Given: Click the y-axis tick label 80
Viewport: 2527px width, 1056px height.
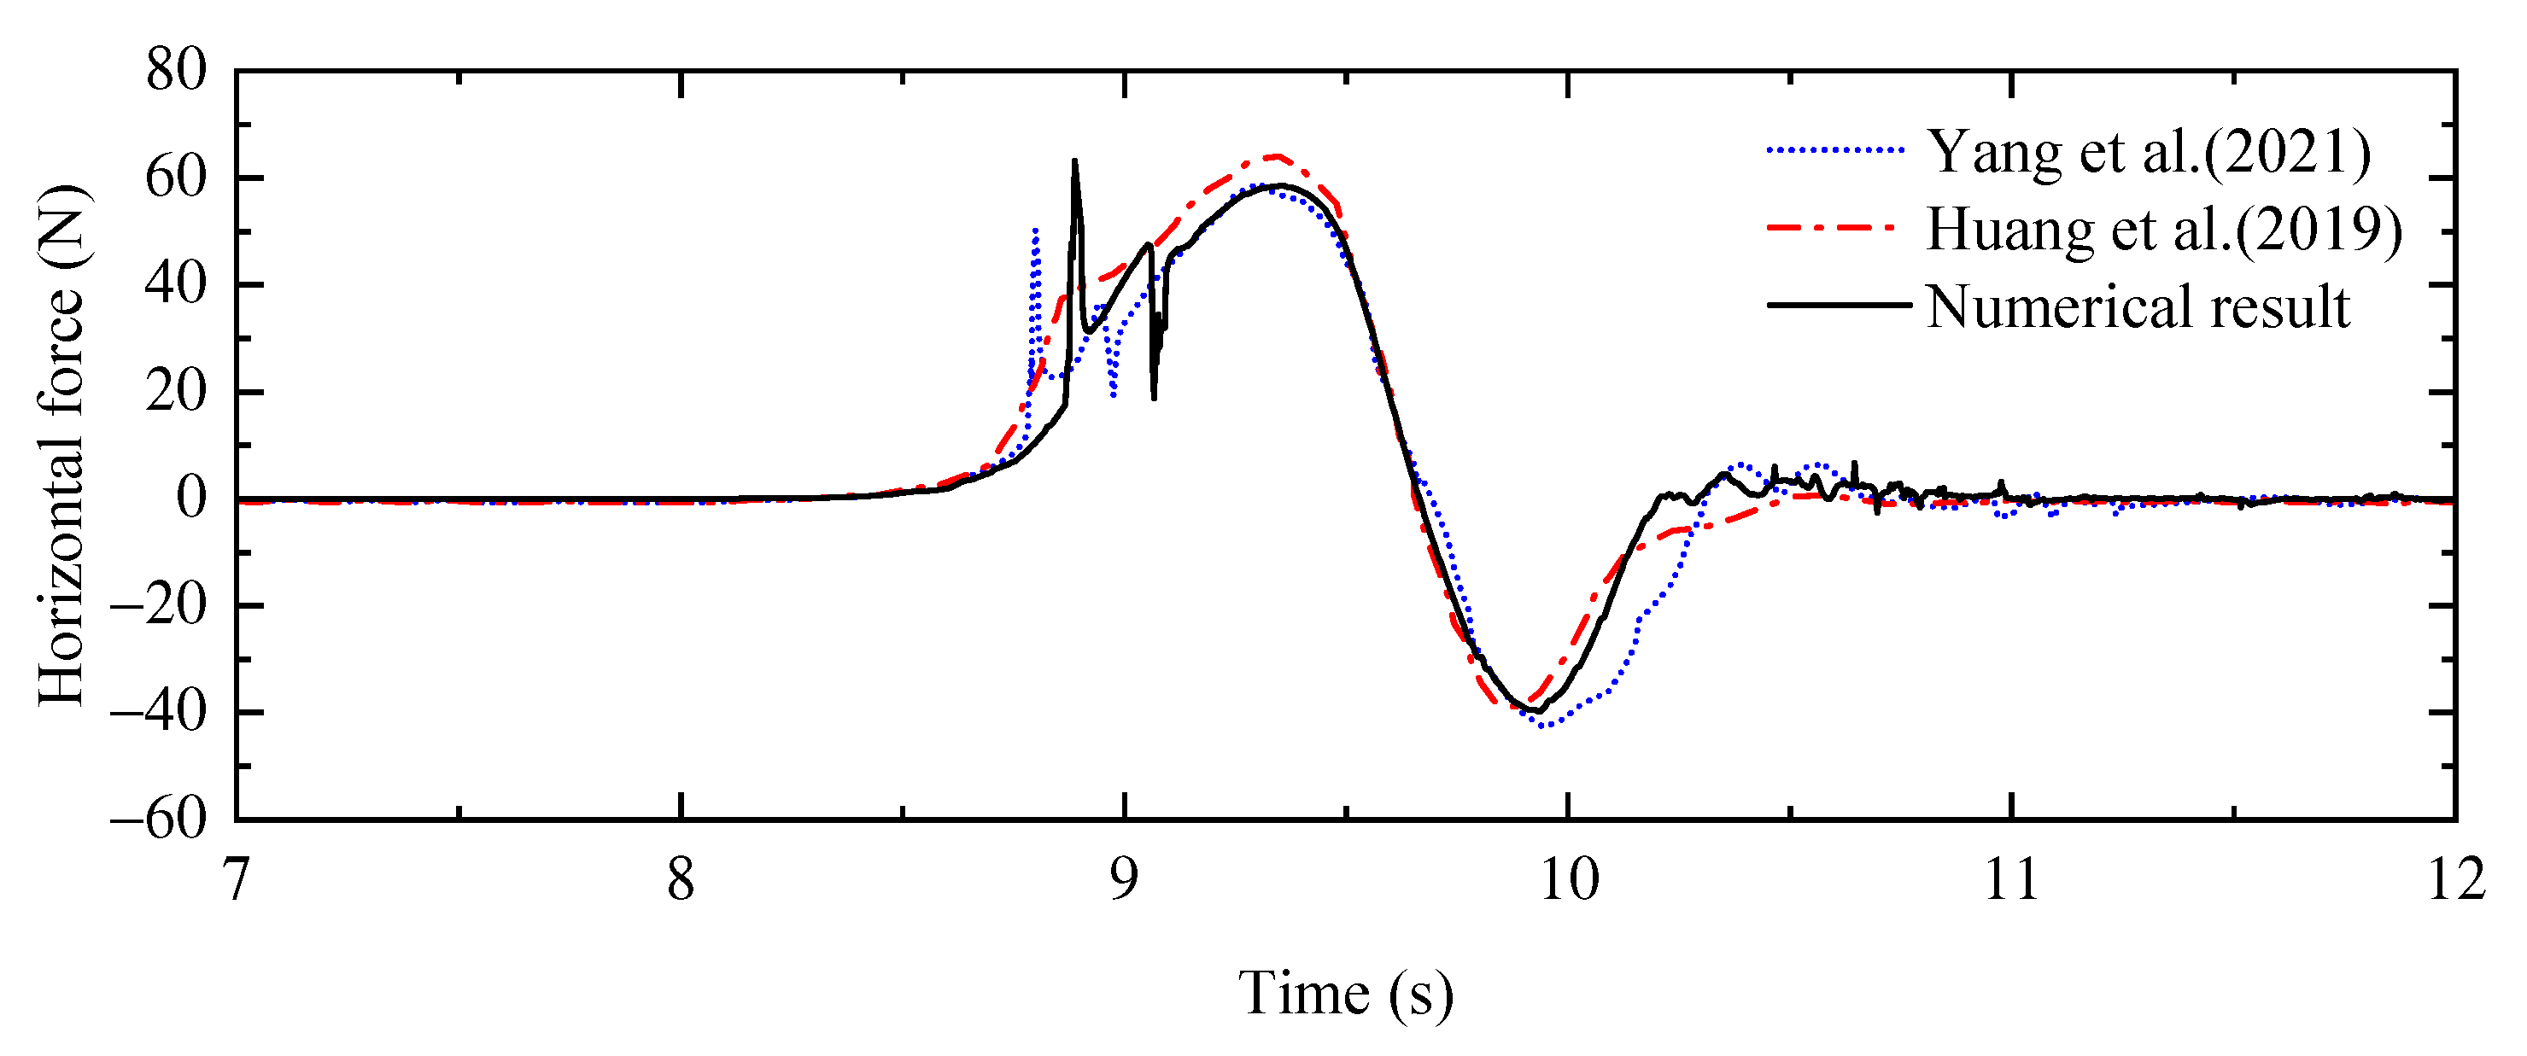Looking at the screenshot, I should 177,72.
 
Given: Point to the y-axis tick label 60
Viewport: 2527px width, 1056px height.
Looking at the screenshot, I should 177,178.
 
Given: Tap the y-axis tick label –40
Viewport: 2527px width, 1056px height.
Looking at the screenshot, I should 159,712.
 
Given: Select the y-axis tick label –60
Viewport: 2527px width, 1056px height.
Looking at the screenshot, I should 159,819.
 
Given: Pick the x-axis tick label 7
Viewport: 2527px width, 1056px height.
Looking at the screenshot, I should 237,879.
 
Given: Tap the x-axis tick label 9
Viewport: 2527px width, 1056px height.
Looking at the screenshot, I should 1123,879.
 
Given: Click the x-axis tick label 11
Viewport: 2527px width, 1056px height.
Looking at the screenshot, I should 2011,879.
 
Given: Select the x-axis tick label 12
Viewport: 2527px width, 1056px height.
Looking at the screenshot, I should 2455,879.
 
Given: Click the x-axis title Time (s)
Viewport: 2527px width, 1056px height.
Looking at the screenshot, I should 1345,993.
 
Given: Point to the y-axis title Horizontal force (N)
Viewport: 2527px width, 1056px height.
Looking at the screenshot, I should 63,445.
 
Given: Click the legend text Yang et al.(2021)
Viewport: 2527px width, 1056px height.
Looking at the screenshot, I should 2149,152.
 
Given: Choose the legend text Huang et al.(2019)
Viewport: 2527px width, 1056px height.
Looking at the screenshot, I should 2164,230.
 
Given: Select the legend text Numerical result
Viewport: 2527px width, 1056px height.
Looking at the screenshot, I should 2138,306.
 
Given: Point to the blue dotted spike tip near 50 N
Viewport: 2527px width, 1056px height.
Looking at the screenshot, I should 1036,230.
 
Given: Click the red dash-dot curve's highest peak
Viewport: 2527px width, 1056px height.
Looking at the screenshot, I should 1275,156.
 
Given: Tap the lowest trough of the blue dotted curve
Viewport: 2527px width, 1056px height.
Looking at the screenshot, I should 1543,726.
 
